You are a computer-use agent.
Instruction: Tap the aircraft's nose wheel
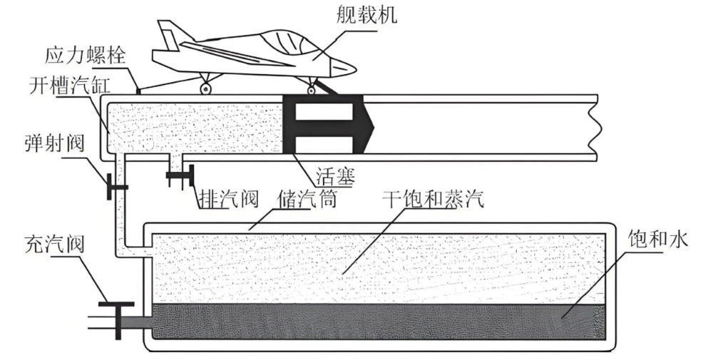pos(312,90)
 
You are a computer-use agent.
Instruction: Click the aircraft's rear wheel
pos(205,89)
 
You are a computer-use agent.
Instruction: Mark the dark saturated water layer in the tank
pos(378,321)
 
